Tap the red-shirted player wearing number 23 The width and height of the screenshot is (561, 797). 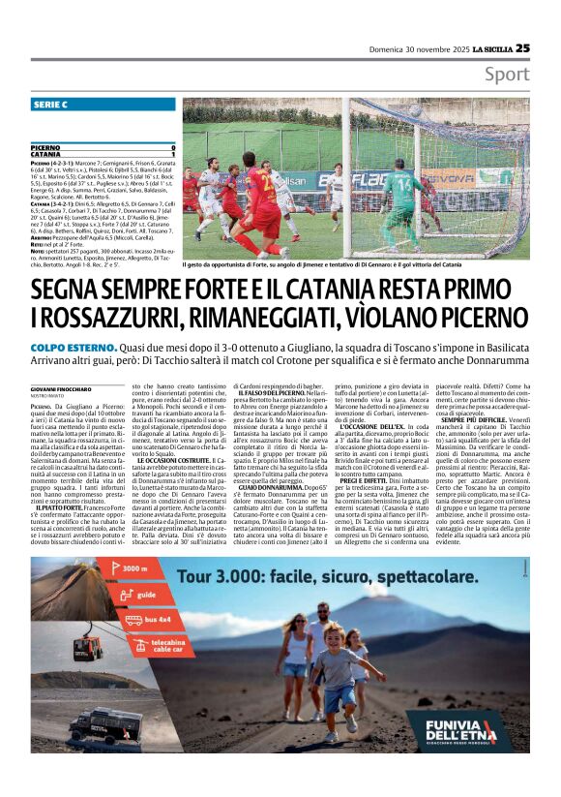pyautogui.click(x=259, y=201)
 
